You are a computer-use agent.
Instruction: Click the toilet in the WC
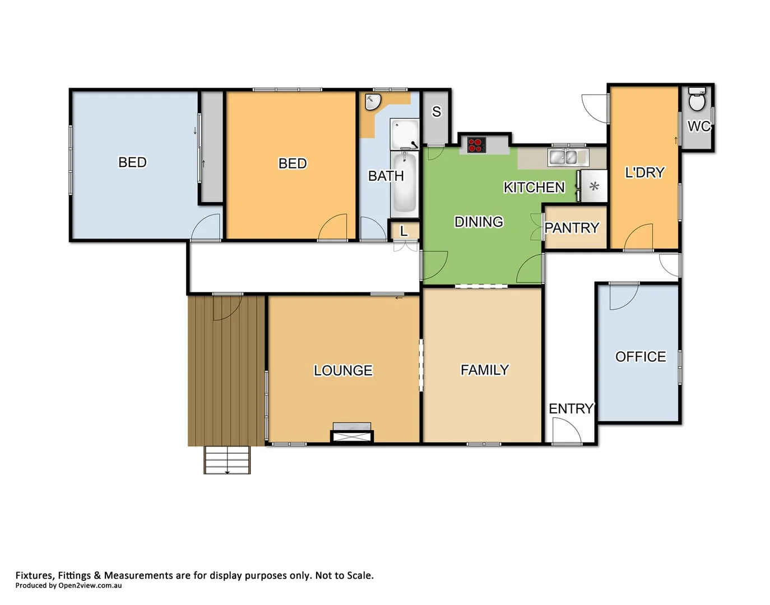click(x=697, y=100)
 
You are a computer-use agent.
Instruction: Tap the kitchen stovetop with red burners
click(x=476, y=145)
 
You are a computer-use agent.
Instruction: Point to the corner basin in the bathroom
click(x=372, y=102)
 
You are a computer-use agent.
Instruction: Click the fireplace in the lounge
click(x=352, y=432)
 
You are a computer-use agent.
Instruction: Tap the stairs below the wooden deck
click(x=227, y=460)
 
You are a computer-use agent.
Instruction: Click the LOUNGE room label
click(x=343, y=370)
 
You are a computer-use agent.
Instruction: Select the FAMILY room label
click(x=485, y=370)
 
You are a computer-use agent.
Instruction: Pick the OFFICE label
click(x=641, y=357)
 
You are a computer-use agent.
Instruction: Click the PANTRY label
click(x=572, y=228)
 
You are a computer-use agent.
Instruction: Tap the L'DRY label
click(x=644, y=173)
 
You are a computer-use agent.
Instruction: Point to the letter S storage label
click(x=437, y=112)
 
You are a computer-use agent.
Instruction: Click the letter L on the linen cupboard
click(x=403, y=231)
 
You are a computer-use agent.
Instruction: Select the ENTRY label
click(x=570, y=409)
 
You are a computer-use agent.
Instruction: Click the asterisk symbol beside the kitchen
click(x=594, y=187)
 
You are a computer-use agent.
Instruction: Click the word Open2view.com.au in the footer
click(x=90, y=586)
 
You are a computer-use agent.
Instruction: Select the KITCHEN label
click(x=534, y=187)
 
